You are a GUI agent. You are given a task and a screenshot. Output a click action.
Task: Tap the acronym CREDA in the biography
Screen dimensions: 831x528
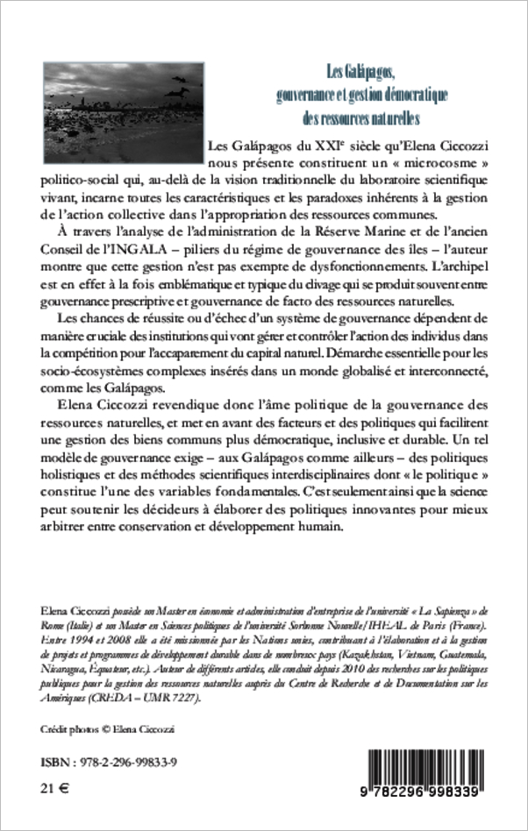80,686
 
